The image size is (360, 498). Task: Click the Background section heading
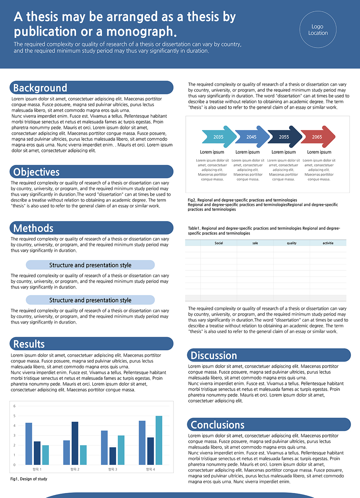(40, 88)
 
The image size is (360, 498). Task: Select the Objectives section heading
(36, 172)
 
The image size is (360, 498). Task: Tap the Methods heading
(33, 228)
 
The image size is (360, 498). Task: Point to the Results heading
(29, 344)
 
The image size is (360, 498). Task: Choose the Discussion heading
(214, 355)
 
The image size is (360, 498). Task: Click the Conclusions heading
(217, 425)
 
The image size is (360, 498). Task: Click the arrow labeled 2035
(219, 137)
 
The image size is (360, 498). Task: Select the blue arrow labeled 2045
(252, 137)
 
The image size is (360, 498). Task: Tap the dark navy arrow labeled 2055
(285, 137)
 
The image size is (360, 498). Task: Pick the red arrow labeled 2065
(318, 137)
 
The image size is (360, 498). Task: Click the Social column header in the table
(219, 243)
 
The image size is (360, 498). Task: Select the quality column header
(292, 243)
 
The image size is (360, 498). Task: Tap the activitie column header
(328, 243)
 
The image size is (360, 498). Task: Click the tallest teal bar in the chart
(159, 440)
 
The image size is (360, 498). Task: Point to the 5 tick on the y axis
(14, 416)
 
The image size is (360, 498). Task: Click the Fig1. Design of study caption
(29, 479)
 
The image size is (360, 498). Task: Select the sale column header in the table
(255, 243)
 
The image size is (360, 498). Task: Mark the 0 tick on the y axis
(14, 465)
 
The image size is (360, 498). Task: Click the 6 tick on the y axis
(14, 406)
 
